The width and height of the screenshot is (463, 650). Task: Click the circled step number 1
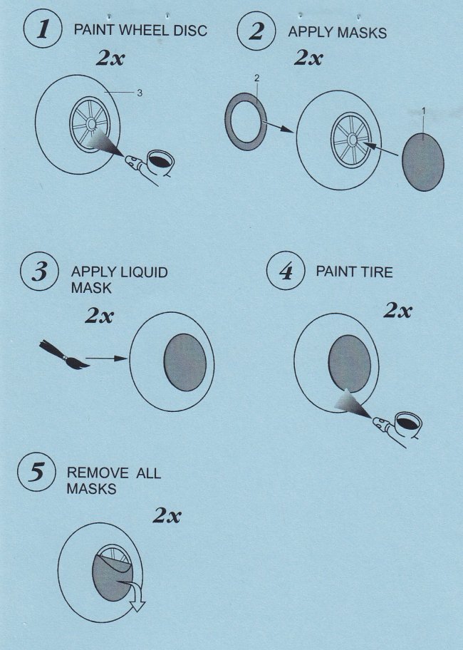point(43,30)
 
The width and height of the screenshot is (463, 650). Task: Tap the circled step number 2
point(256,31)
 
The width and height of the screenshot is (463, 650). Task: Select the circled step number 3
point(40,272)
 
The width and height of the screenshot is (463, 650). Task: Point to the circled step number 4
point(286,271)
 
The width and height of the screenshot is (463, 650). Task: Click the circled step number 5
point(36,472)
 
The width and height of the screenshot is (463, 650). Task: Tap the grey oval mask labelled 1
point(423,162)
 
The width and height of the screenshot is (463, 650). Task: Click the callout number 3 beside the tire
point(140,93)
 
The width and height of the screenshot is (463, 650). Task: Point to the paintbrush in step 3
point(64,355)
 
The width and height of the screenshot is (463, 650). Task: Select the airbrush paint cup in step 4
point(407,423)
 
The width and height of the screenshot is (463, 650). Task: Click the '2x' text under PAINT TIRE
point(397,310)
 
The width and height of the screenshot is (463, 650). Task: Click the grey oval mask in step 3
point(185,362)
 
